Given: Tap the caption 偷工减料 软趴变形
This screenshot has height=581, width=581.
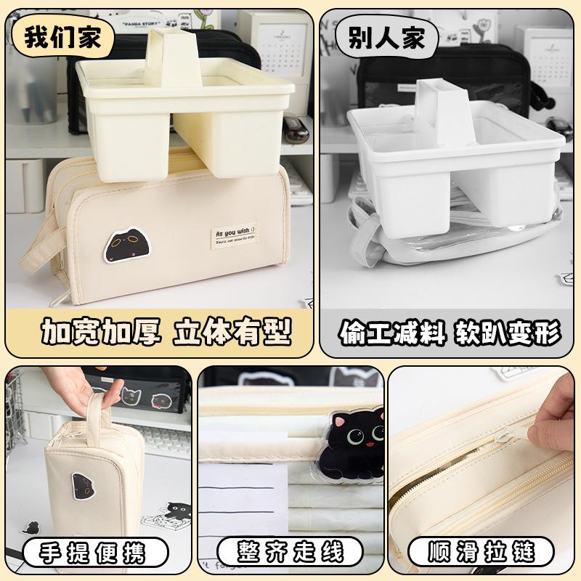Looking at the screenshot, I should pyautogui.click(x=450, y=333).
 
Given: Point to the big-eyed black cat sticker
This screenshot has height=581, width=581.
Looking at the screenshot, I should pyautogui.click(x=356, y=447).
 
